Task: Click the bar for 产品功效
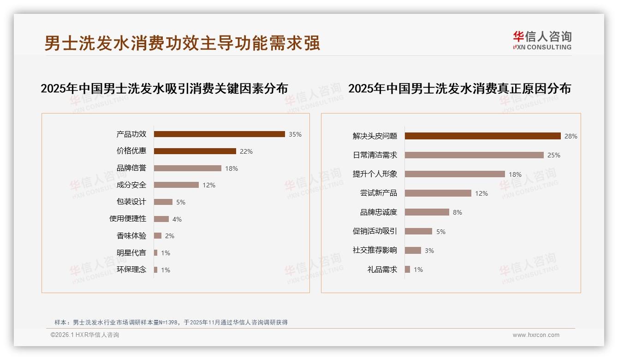(219, 134)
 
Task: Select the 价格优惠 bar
(195, 151)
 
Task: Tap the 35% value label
(295, 134)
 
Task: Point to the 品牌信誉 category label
(131, 168)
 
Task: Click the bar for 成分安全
(176, 185)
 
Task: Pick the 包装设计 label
(131, 202)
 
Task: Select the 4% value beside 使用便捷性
(177, 219)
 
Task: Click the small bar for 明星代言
(155, 253)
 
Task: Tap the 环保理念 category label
(131, 270)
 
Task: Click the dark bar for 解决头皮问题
(482, 136)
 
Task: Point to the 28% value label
(571, 136)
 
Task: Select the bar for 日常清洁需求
(474, 155)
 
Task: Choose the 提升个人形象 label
(375, 174)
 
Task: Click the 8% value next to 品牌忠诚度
(458, 212)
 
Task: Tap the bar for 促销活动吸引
(418, 231)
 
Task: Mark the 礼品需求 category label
(382, 270)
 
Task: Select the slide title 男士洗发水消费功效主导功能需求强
(182, 43)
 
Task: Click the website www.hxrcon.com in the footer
(536, 335)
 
